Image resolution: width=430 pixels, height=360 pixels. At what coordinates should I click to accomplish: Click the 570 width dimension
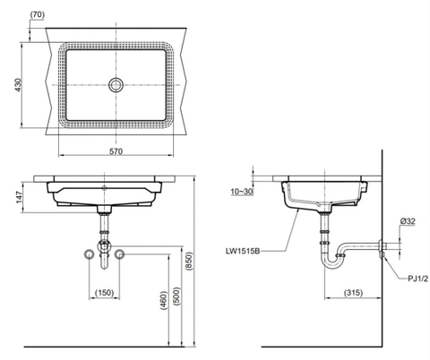[116, 151]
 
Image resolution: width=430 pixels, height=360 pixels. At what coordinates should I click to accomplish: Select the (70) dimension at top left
[37, 15]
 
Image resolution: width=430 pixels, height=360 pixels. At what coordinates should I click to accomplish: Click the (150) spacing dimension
[105, 293]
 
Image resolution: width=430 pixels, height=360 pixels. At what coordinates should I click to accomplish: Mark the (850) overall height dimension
[188, 260]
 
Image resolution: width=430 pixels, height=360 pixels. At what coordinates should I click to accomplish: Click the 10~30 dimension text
[239, 190]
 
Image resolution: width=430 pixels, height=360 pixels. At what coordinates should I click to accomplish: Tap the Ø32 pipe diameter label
[407, 221]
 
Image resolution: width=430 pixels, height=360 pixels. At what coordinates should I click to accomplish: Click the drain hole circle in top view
[116, 85]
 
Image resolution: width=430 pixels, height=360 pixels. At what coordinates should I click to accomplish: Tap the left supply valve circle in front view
[88, 255]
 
